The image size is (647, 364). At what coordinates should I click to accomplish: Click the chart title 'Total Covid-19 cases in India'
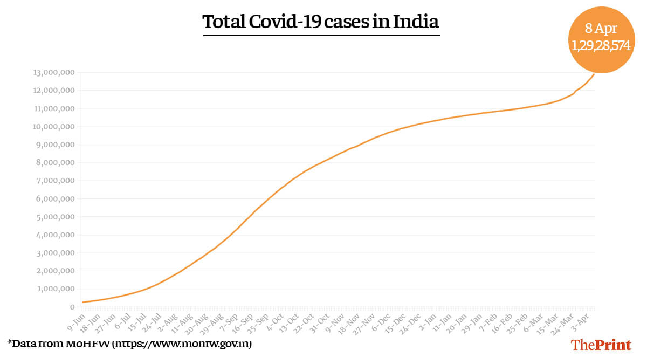click(321, 22)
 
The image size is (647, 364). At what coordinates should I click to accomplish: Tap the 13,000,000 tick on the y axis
click(54, 73)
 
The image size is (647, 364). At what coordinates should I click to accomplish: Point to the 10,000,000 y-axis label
click(54, 127)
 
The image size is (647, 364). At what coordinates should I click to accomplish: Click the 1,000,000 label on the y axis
click(56, 289)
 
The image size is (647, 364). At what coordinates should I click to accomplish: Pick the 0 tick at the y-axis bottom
click(72, 307)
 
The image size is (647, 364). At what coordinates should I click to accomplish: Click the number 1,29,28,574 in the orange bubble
click(601, 45)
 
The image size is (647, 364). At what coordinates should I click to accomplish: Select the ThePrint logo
click(601, 345)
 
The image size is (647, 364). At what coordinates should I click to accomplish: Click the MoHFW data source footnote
click(129, 343)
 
